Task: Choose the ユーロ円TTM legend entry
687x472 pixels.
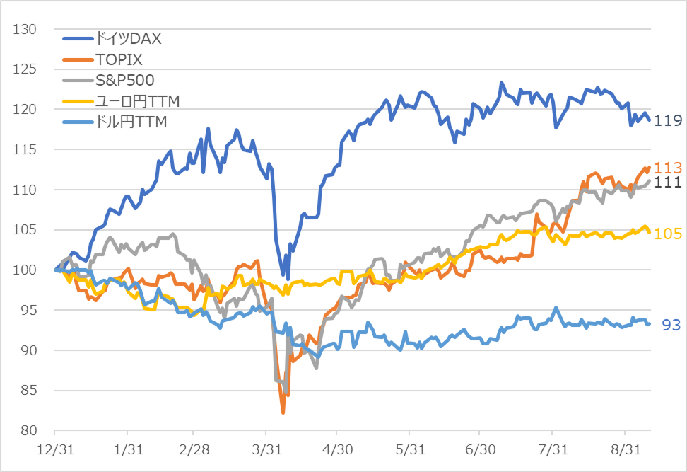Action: (x=136, y=101)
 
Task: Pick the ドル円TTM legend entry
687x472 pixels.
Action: (x=131, y=122)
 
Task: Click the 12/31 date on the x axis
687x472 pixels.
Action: (x=54, y=449)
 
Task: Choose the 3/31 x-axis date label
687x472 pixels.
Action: (x=265, y=449)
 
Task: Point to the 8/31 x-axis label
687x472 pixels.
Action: (x=624, y=449)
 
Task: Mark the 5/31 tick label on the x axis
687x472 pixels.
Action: (x=409, y=449)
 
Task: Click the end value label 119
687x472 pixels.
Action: (x=668, y=121)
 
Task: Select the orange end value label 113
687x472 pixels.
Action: (x=668, y=168)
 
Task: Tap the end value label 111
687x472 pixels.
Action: (x=668, y=183)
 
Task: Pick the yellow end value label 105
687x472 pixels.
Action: (x=668, y=234)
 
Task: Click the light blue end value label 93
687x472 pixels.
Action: (x=671, y=325)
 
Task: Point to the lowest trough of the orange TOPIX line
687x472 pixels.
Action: (x=283, y=413)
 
